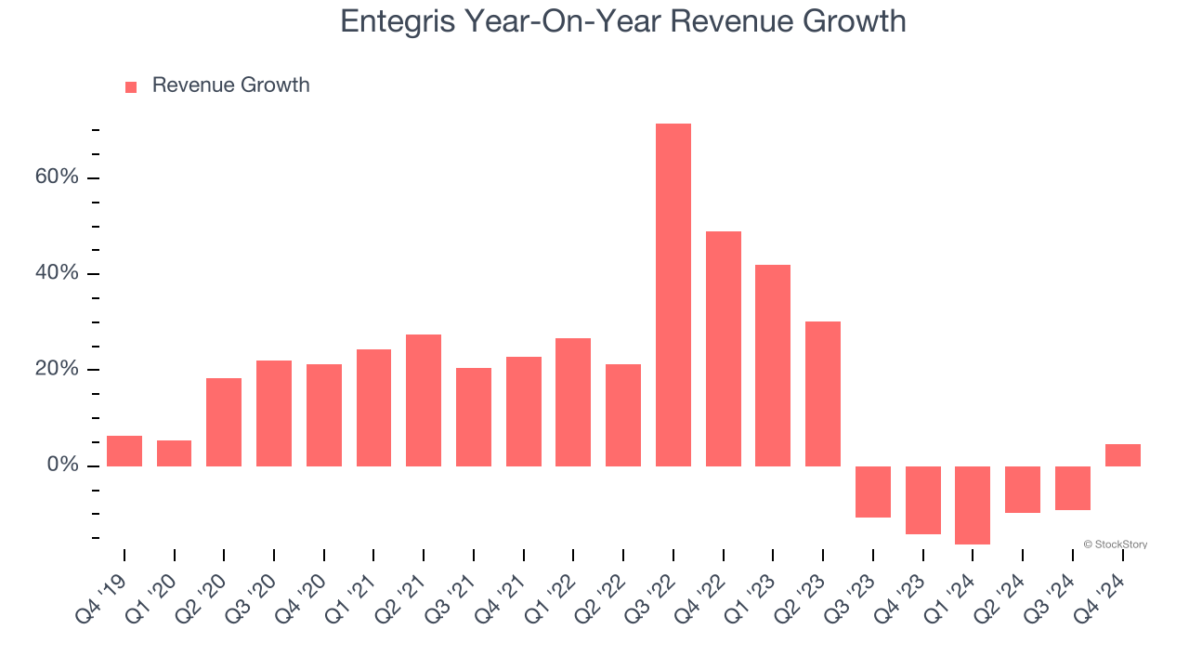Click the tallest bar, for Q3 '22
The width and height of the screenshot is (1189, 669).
pyautogui.click(x=673, y=295)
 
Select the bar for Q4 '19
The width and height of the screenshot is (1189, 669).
pyautogui.click(x=124, y=451)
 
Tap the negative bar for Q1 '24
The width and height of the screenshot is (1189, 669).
pyautogui.click(x=973, y=505)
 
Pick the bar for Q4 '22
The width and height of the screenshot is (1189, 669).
pyautogui.click(x=723, y=348)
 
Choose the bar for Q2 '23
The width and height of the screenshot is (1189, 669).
pyautogui.click(x=823, y=393)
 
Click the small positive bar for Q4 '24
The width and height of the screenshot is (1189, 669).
pyautogui.click(x=1122, y=455)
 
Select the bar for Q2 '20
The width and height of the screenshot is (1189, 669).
pyautogui.click(x=224, y=422)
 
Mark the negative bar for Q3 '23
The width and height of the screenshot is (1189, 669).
pyautogui.click(x=873, y=492)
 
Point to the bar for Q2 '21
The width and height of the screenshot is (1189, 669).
pyautogui.click(x=424, y=400)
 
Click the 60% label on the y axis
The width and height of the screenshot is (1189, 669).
pyautogui.click(x=57, y=177)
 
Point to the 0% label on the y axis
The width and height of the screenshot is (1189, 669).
pyautogui.click(x=62, y=465)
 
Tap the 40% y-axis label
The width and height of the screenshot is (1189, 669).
pyautogui.click(x=57, y=273)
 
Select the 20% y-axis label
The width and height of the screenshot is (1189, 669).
pyautogui.click(x=57, y=369)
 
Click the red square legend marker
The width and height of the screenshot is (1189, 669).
pyautogui.click(x=131, y=86)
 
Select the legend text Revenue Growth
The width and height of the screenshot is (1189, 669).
pyautogui.click(x=230, y=85)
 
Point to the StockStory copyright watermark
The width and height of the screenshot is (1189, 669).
pyautogui.click(x=1115, y=544)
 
